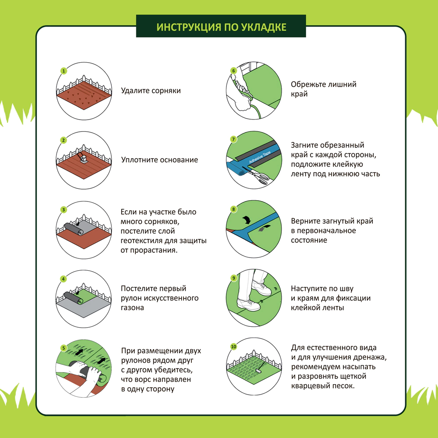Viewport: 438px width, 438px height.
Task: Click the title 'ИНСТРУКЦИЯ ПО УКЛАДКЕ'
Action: coord(221,27)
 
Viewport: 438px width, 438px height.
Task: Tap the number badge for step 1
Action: coord(64,71)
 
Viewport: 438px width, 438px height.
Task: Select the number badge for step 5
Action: coord(64,348)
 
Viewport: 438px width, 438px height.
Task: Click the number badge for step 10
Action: coord(233,346)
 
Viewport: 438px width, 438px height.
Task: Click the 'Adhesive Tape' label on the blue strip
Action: coord(260,157)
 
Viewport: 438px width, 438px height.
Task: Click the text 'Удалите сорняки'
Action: coord(151,91)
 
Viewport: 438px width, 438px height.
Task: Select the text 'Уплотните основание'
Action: coord(159,160)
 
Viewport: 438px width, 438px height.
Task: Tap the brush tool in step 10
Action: coord(260,367)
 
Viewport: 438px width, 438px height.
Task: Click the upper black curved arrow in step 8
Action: coord(246,219)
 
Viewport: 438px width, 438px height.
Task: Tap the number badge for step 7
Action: coord(233,139)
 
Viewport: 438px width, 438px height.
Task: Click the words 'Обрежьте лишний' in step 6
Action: coord(324,85)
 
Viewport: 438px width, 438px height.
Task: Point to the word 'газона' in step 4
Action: coord(132,307)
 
